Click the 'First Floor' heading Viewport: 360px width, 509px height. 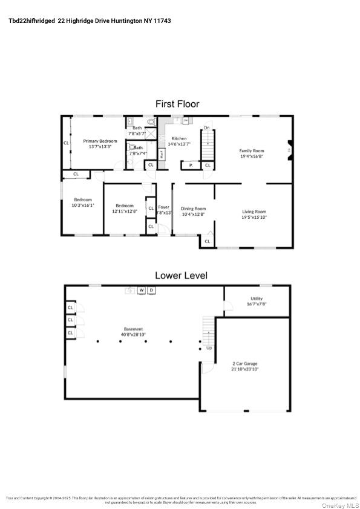pos(177,104)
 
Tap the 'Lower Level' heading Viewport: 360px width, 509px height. pos(181,275)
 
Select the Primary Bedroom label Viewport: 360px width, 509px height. pos(100,141)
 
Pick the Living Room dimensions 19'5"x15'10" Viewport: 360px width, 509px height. pos(254,218)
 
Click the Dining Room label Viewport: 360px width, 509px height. pos(193,209)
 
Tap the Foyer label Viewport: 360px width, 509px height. pos(163,207)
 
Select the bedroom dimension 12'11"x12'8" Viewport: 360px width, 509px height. pos(125,212)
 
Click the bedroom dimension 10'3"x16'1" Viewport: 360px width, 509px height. pos(83,206)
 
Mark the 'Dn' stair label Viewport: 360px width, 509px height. pos(206,128)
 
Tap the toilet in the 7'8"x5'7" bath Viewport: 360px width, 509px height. pos(151,122)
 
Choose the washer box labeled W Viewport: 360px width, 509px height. pos(142,290)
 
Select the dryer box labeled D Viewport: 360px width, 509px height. pos(151,290)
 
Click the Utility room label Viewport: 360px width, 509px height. pos(257,298)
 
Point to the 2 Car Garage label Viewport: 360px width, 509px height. pos(245,363)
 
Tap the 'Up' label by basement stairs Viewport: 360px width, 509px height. pos(209,348)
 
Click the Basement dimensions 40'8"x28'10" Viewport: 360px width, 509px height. pos(134,334)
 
